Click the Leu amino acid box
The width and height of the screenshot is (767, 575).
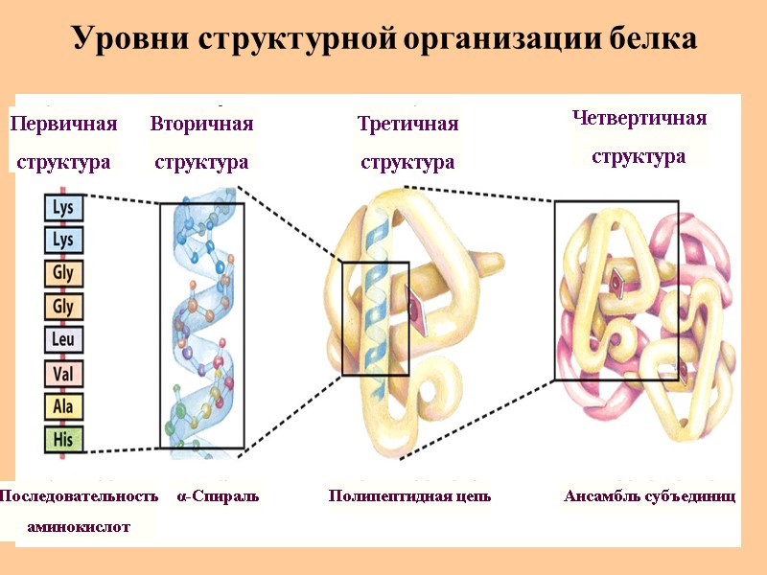(63, 340)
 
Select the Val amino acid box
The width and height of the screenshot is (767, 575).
(63, 374)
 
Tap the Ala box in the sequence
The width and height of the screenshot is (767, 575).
(63, 407)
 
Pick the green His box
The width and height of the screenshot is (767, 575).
(63, 440)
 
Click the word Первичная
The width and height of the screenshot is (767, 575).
(63, 124)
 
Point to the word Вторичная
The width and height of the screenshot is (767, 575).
(201, 124)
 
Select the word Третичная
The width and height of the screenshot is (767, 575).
(407, 124)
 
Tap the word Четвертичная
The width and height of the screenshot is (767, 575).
(639, 118)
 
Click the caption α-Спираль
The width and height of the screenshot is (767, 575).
(218, 496)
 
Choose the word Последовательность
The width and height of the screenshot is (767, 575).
(79, 496)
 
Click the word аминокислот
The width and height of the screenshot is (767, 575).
(79, 526)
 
